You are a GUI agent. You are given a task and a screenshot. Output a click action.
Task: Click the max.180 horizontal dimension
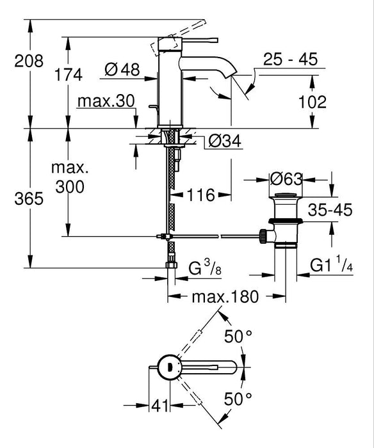(x=225, y=297)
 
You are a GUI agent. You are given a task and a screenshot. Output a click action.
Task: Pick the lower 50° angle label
(x=238, y=399)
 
